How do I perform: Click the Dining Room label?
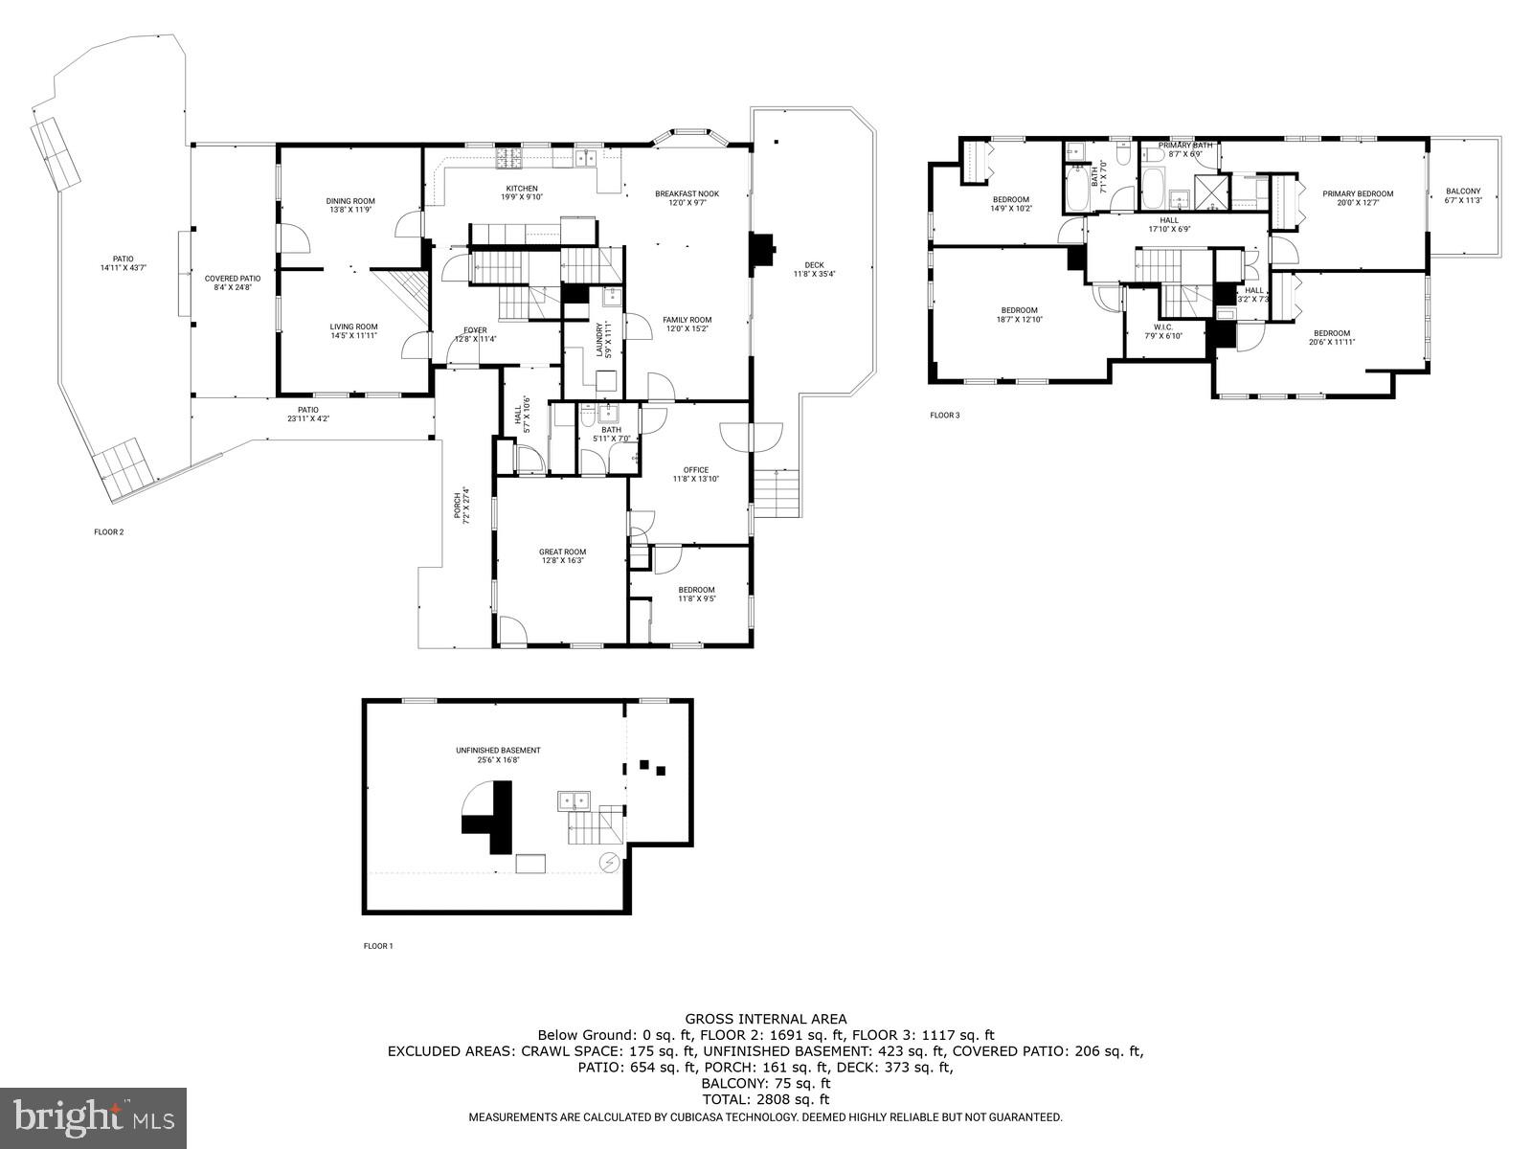pyautogui.click(x=349, y=201)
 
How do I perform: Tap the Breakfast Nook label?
pyautogui.click(x=687, y=193)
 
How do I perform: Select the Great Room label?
pyautogui.click(x=562, y=552)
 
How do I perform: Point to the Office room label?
pyautogui.click(x=695, y=470)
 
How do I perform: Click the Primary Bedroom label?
pyautogui.click(x=1358, y=193)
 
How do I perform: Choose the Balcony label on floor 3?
pyautogui.click(x=1463, y=191)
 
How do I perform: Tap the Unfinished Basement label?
pyautogui.click(x=498, y=750)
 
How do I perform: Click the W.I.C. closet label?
pyautogui.click(x=1163, y=327)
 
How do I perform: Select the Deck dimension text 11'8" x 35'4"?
pyautogui.click(x=814, y=275)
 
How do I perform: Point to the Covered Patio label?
pyautogui.click(x=233, y=279)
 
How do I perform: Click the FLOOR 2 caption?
pyautogui.click(x=109, y=531)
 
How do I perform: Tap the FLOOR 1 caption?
pyautogui.click(x=378, y=946)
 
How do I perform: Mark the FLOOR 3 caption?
pyautogui.click(x=944, y=416)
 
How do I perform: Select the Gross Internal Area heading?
pyautogui.click(x=765, y=1019)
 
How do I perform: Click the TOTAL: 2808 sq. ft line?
pyautogui.click(x=765, y=1100)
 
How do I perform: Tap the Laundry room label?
pyautogui.click(x=601, y=339)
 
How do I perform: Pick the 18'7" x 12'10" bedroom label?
pyautogui.click(x=1019, y=315)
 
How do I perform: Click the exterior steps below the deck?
pyautogui.click(x=776, y=493)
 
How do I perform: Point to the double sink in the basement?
pyautogui.click(x=575, y=800)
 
